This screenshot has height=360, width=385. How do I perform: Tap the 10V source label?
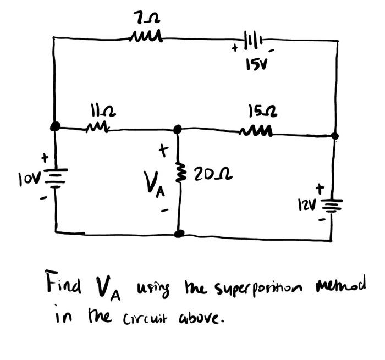click(28, 178)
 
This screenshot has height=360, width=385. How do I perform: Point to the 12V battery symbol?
click(331, 206)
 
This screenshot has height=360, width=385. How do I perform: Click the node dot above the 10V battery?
click(55, 126)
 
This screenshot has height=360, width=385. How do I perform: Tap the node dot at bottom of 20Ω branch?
click(179, 234)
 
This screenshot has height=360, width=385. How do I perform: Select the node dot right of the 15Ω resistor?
click(335, 136)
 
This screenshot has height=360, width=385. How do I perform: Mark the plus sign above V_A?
click(162, 149)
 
